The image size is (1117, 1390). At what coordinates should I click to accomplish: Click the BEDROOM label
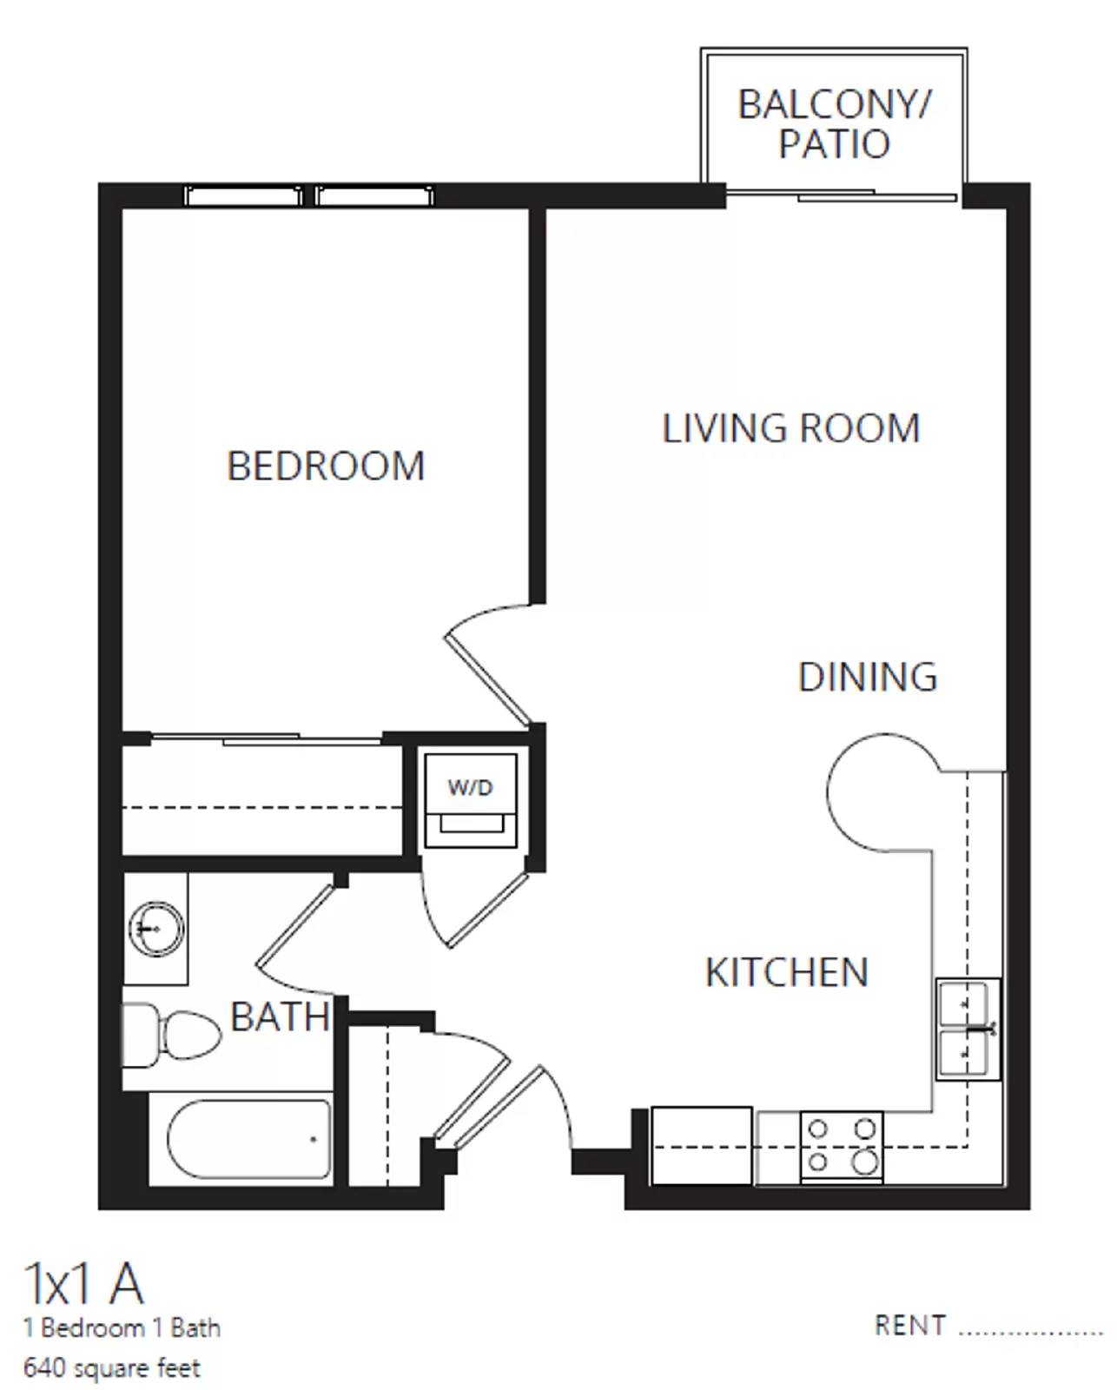pos(326,467)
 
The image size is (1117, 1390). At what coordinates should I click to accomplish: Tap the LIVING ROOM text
pos(790,429)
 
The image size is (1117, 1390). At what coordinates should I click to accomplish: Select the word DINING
pos(867,678)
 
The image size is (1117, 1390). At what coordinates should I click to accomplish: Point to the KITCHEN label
pos(786,972)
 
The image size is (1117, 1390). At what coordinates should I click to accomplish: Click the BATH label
pos(280,1016)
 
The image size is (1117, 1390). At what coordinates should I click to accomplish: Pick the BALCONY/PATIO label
pos(834,124)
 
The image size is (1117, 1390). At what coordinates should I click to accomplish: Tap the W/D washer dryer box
pos(470,800)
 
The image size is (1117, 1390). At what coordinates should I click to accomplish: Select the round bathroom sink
pos(155,929)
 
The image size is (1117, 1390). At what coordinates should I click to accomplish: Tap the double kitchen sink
pos(967,1029)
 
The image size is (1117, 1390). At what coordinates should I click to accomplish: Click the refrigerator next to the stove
pos(701,1146)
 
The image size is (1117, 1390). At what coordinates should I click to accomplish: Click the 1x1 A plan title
pos(83,1284)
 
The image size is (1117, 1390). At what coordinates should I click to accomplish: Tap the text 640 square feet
pos(112,1368)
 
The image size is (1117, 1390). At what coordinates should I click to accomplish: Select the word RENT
pos(909,1326)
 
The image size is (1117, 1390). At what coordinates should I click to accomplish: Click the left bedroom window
pos(243,196)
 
